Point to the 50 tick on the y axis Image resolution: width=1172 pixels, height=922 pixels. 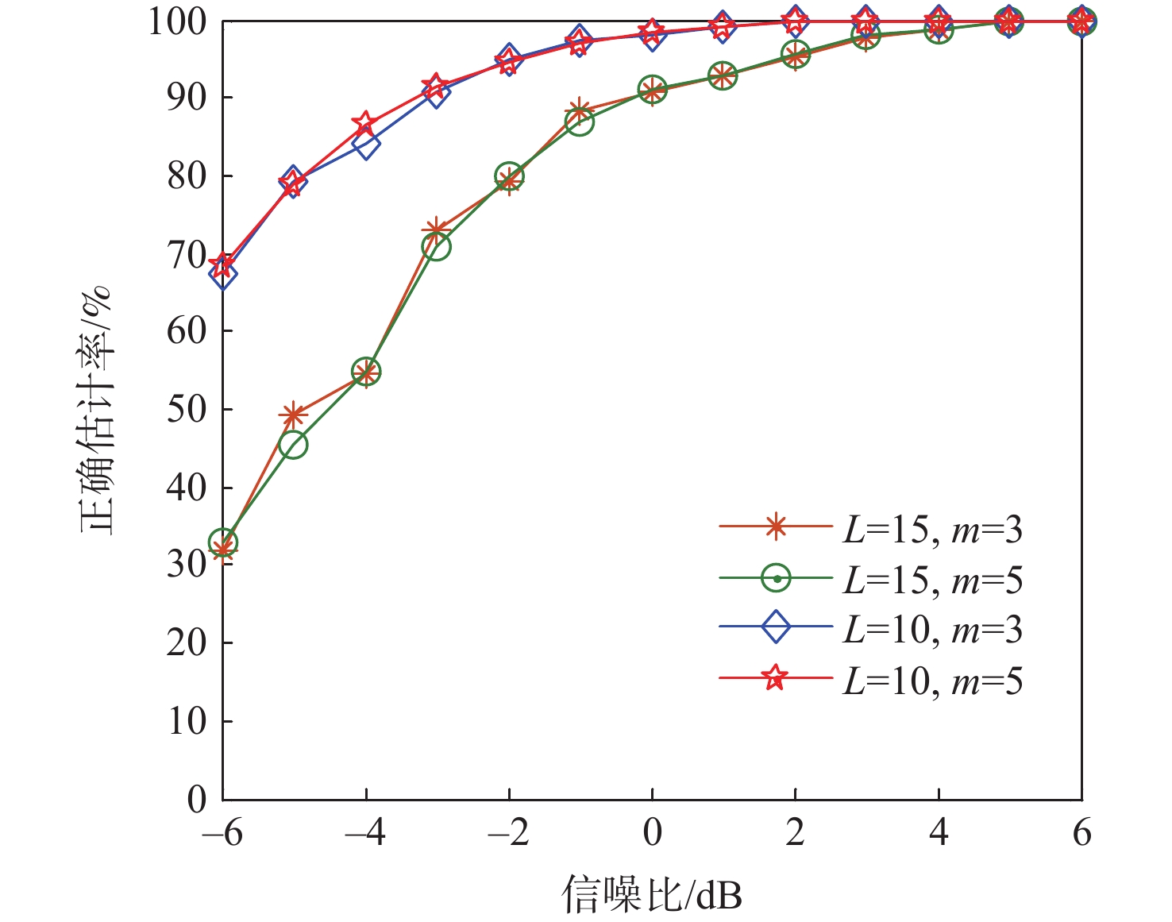click(187, 410)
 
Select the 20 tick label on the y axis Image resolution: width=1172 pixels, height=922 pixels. click(187, 643)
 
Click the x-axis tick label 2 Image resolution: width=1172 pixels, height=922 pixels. click(795, 833)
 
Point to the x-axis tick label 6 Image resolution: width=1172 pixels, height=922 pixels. click(1081, 833)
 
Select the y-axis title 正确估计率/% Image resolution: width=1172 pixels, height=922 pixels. click(96, 410)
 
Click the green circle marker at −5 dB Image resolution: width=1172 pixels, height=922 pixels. click(293, 445)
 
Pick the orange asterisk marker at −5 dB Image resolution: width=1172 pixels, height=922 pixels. click(293, 415)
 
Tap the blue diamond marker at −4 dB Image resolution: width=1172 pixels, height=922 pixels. click(365, 145)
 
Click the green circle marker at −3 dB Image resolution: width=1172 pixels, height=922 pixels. click(436, 247)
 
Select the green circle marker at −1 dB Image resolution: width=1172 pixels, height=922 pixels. click(580, 122)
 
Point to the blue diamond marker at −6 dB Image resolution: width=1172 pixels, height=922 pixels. click(223, 274)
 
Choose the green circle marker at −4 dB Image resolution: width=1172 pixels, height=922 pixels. click(365, 372)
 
